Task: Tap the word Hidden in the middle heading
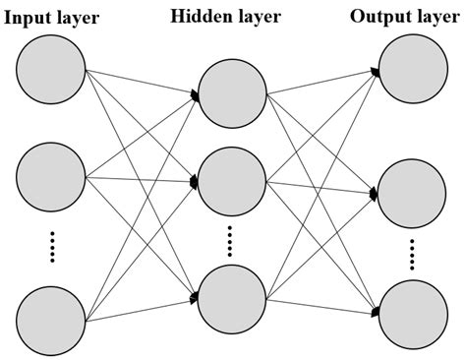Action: (x=202, y=16)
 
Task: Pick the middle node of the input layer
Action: (x=51, y=177)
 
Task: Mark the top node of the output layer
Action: (x=413, y=71)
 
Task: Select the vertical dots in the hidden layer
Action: (x=231, y=240)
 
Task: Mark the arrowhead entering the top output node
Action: (x=377, y=71)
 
